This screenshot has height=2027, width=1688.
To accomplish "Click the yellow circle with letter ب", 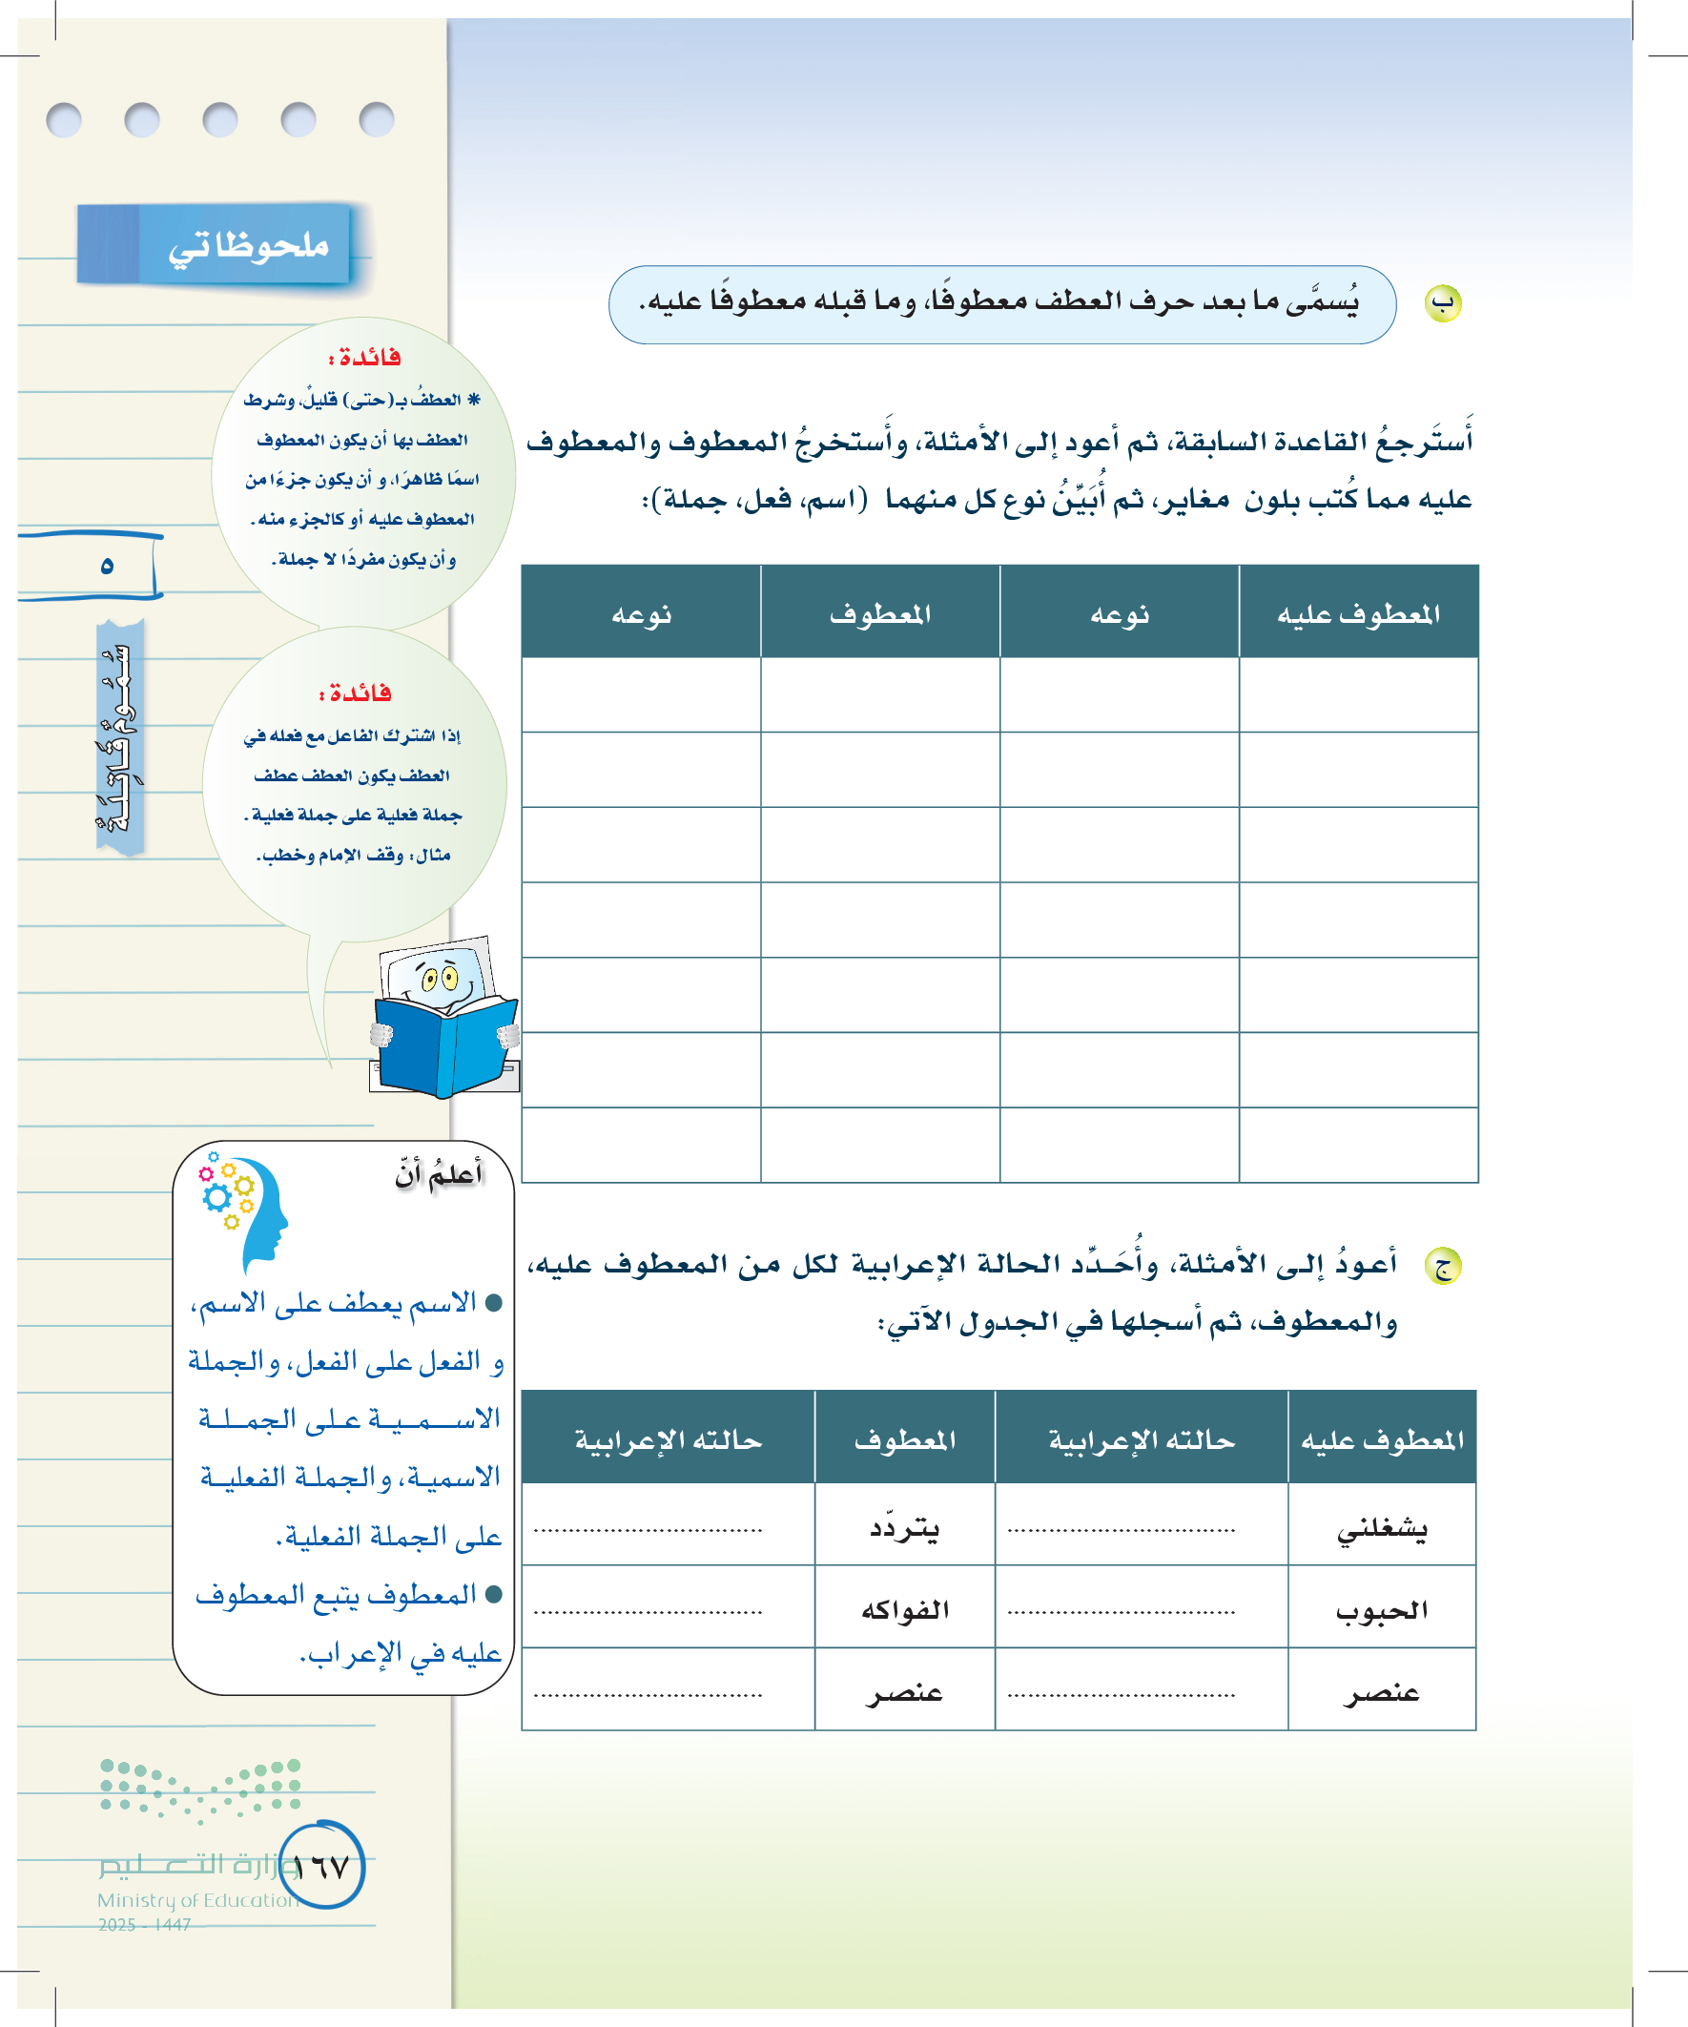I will (x=1443, y=303).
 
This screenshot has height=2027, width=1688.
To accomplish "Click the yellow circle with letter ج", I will (x=1443, y=1266).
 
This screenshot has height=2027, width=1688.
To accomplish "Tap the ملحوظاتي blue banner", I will (x=216, y=245).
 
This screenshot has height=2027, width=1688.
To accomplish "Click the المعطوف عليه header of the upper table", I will (x=1358, y=614).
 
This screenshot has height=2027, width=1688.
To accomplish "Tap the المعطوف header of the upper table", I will (x=880, y=614).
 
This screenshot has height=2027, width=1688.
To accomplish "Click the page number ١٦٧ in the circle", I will (x=321, y=1867).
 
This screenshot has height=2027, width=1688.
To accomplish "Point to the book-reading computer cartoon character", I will (x=444, y=1020).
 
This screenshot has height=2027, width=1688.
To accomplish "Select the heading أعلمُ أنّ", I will (x=439, y=1174).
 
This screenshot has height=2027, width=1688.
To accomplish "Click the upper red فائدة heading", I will (x=365, y=358).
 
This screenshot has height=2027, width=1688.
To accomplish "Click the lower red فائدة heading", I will (x=355, y=693).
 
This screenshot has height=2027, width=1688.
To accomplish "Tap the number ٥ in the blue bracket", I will (x=107, y=566).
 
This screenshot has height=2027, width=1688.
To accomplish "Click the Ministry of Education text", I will (x=197, y=1899).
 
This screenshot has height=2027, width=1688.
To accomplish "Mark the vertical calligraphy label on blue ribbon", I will (x=118, y=737).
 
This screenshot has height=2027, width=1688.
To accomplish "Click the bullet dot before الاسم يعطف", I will (x=493, y=1303).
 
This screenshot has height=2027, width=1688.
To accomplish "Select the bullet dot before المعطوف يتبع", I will (x=493, y=1595).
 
